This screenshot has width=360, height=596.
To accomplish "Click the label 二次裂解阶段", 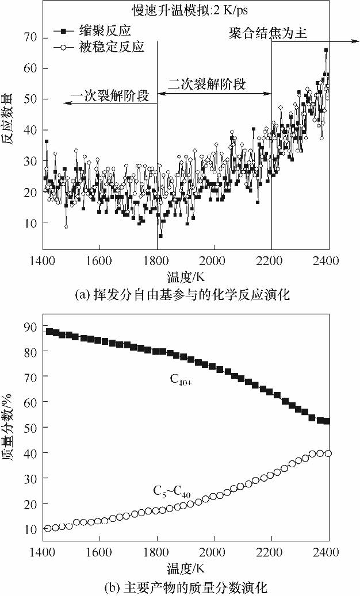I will point(206,84).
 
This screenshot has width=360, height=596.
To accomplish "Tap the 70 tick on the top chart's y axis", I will point(31,37).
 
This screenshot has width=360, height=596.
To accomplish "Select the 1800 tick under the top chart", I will point(156,259).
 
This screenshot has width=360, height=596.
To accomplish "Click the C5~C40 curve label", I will point(172,491).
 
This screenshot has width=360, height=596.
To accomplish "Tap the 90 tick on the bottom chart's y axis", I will point(31,326).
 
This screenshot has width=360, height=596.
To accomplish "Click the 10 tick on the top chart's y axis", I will point(31,222).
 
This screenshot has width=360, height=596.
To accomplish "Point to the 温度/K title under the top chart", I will point(185,276).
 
